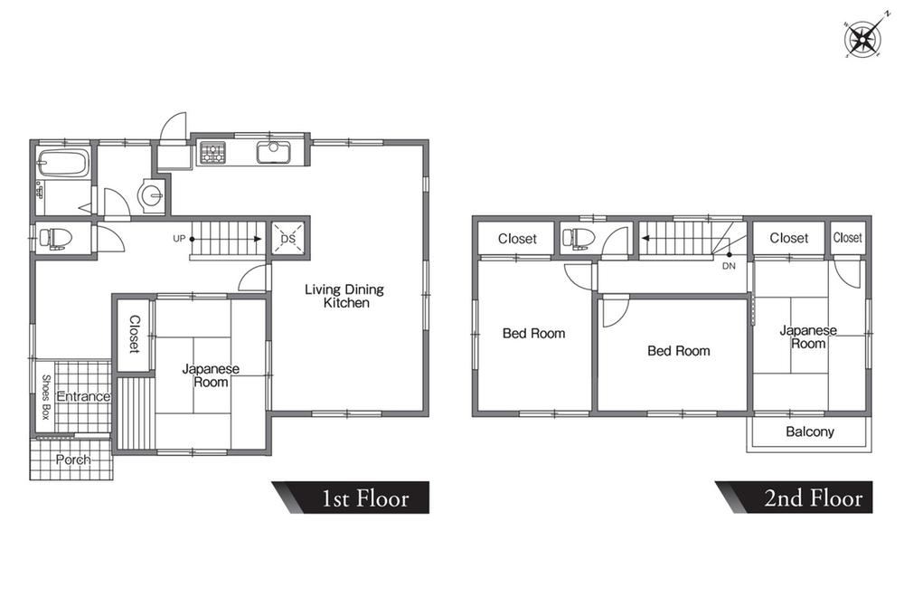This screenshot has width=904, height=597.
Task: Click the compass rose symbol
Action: coord(862,39)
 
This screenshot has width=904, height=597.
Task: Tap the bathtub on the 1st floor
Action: coord(63,163)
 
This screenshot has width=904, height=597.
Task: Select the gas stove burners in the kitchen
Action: coord(213,153)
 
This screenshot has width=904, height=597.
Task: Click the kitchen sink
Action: coord(273,152)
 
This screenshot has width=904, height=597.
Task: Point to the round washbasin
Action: coord(152,194)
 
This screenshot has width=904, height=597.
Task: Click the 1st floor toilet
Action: coord(53,238)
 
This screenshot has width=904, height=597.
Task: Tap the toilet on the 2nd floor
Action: coord(576,238)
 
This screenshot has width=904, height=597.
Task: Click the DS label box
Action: coord(287,238)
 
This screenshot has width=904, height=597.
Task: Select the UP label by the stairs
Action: coord(179,238)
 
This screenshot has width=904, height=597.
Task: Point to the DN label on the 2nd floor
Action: coord(729,266)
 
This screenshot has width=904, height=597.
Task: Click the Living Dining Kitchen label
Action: coord(344,296)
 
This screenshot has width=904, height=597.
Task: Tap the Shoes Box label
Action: coord(46,396)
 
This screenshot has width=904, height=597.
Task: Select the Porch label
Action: coord(73,460)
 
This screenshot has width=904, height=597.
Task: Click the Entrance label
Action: coord(83,396)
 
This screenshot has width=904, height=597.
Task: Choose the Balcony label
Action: coord(810,431)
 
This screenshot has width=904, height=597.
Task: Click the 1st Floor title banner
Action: coord(351,497)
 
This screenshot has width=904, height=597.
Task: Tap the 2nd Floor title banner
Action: coord(794,497)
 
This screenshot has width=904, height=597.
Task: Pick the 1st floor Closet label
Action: coord(135,334)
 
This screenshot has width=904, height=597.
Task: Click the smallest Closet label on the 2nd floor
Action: coord(848,238)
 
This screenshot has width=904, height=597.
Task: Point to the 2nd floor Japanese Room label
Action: coord(808,336)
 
